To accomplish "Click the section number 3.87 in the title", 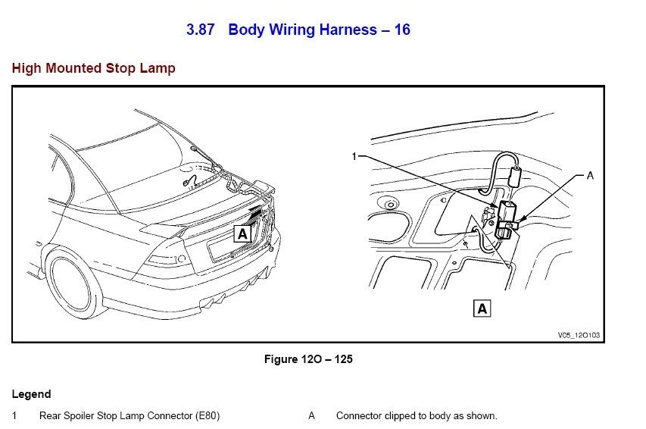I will tap(201, 30).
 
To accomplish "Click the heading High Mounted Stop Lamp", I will tap(94, 68).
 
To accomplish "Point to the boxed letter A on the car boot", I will tap(242, 234).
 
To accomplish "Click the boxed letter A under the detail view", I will tap(482, 308).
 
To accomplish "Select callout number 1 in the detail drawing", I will tap(353, 157).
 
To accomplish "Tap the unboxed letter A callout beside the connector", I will tap(590, 174).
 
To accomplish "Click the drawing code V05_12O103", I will tap(578, 334).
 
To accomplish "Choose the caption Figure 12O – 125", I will tap(307, 359).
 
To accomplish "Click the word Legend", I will tap(32, 394).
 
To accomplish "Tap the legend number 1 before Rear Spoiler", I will tap(14, 416).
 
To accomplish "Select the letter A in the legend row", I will tap(311, 416).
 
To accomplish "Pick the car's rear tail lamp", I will tap(164, 261).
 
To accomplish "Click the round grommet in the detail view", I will tap(388, 205).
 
